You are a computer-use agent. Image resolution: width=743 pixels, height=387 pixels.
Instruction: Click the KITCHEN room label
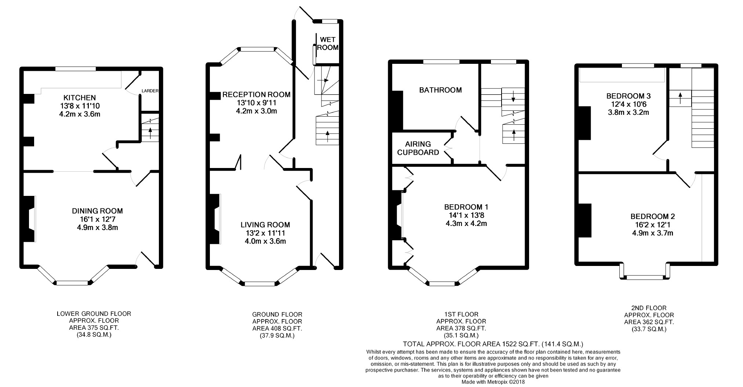pos(80,98)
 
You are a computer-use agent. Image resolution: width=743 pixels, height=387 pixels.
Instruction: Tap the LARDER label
pos(150,91)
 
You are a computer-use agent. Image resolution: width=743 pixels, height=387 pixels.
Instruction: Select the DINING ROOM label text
pos(97,211)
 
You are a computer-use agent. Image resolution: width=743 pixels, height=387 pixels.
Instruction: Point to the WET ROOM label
pos(328,44)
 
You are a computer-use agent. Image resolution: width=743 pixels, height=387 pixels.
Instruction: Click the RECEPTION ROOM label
pos(256,95)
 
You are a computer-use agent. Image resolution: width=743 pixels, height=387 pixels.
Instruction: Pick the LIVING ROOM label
pos(265,225)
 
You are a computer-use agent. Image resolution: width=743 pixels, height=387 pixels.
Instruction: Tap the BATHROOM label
pos(441,90)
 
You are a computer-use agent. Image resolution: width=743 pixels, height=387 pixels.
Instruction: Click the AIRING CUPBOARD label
pos(418,148)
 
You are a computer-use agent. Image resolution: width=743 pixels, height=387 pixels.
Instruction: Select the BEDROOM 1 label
pos(466,207)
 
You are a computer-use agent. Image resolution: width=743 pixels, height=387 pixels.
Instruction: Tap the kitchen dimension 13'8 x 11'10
pos(80,106)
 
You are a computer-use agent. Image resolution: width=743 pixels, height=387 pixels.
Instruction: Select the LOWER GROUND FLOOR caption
pos(94,314)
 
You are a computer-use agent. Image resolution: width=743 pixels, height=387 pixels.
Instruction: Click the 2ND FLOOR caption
pos(649,308)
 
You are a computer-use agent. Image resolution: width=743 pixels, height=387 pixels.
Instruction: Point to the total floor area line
pos(493,344)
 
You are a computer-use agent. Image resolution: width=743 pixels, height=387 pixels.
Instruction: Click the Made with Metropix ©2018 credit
pos(493,382)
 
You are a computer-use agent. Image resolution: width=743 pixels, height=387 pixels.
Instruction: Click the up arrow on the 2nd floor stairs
pos(680,98)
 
